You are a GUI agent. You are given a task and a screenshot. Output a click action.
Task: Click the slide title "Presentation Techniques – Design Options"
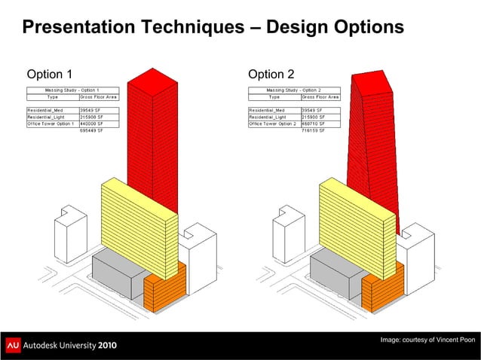coord(213,28)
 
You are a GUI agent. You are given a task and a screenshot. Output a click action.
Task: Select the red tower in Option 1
coord(153,128)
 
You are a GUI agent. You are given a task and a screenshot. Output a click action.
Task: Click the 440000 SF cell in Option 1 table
coord(91,124)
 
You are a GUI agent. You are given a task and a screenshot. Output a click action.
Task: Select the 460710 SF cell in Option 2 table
coord(313,124)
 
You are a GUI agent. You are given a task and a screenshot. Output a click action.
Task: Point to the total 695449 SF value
coord(91,131)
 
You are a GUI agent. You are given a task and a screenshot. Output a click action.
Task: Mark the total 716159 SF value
coord(313,131)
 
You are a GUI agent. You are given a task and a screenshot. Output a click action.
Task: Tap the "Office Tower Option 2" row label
coord(274,124)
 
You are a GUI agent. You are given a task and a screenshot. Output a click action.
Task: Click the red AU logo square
coord(13,345)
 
